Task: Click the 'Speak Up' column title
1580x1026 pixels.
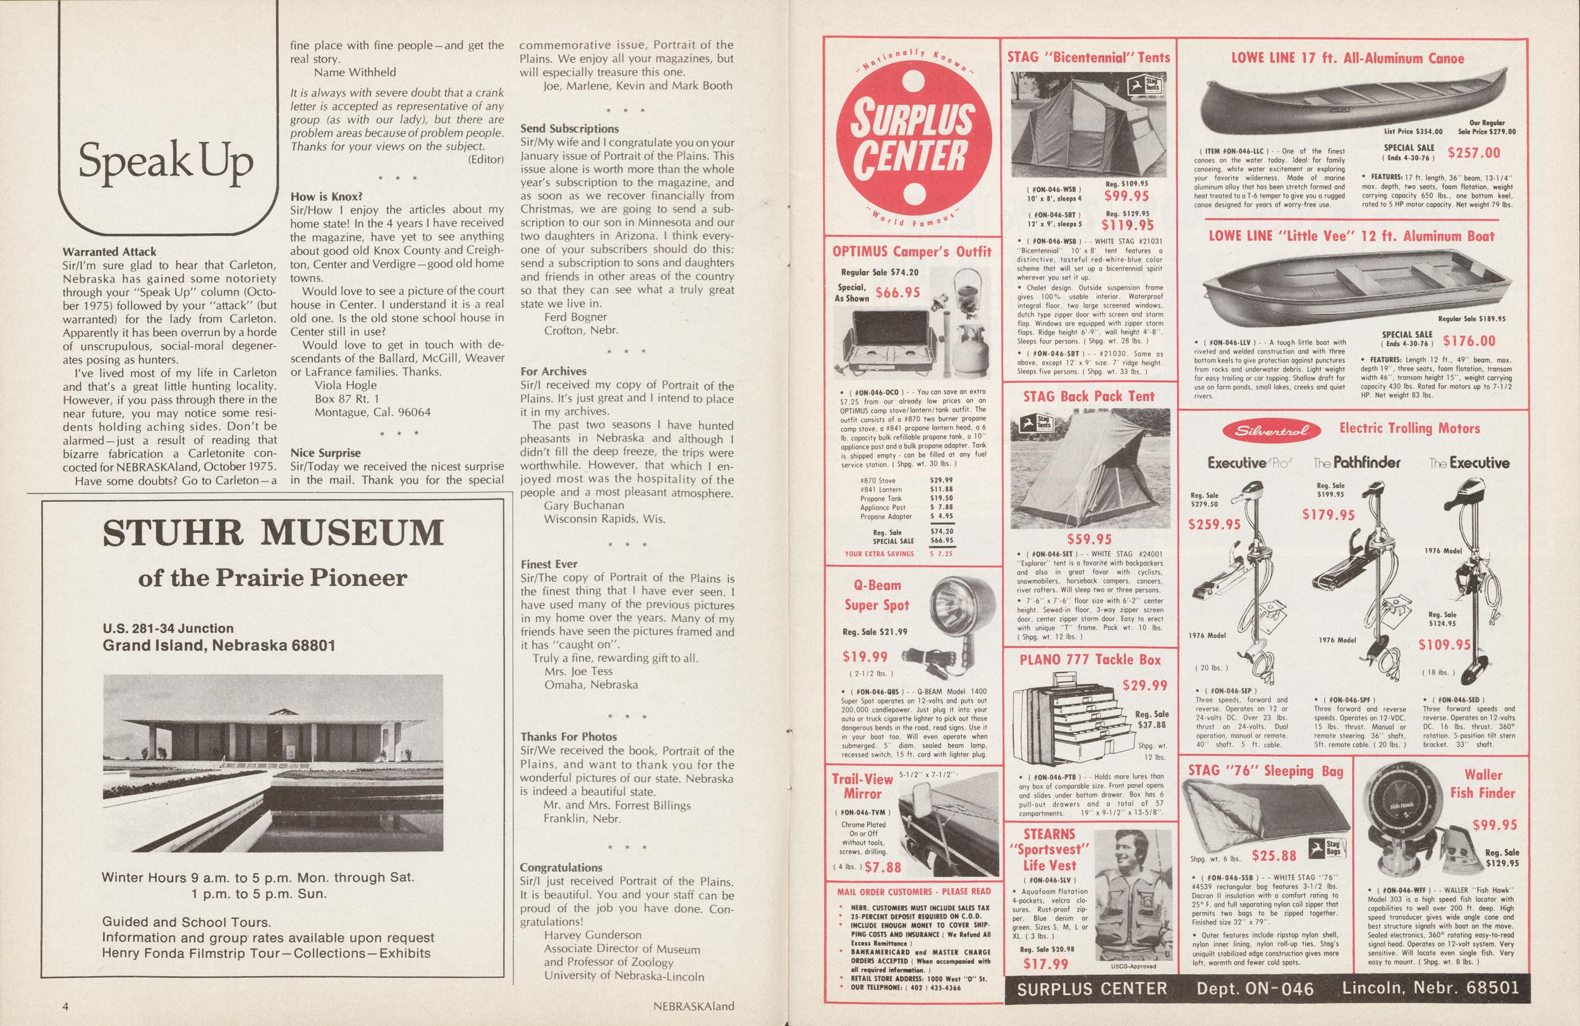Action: click(x=166, y=162)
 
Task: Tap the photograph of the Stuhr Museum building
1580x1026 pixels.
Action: click(x=273, y=763)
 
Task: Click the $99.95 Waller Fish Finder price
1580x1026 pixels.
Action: click(x=1494, y=825)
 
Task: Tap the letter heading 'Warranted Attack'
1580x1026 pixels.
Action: click(x=109, y=252)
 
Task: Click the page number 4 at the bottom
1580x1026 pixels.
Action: click(x=66, y=1005)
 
